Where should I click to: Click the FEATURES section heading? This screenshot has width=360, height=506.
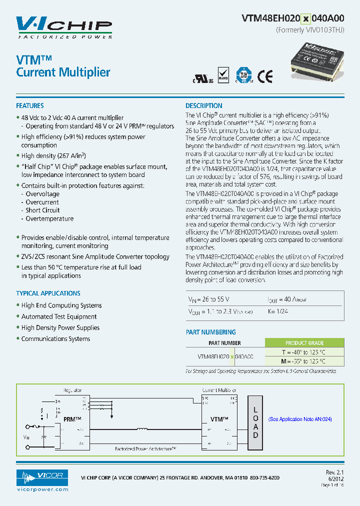point(30,106)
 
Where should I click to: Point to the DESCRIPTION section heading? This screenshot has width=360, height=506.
point(204,106)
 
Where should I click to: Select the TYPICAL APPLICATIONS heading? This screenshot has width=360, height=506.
point(48,293)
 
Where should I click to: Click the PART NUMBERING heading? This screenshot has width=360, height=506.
point(210,332)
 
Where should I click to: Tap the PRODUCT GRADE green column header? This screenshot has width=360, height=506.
point(304,343)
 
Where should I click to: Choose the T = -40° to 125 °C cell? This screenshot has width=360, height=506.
point(304,352)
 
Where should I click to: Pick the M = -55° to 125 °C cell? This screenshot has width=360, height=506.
point(304,361)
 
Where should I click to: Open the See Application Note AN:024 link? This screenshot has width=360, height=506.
point(300,419)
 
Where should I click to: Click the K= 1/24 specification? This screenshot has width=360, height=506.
point(278,311)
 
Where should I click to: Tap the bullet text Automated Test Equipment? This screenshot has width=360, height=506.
point(59,316)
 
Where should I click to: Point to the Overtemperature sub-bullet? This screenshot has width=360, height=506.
point(49,219)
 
